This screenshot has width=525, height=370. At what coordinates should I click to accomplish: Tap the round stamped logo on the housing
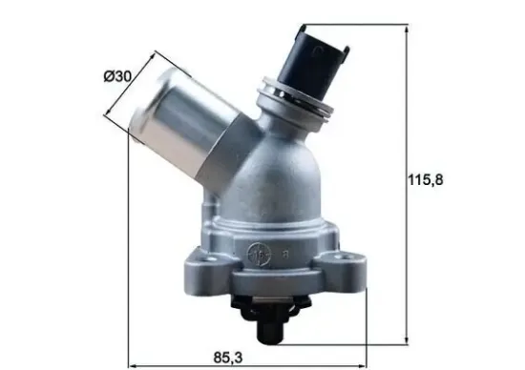tap(258, 254)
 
